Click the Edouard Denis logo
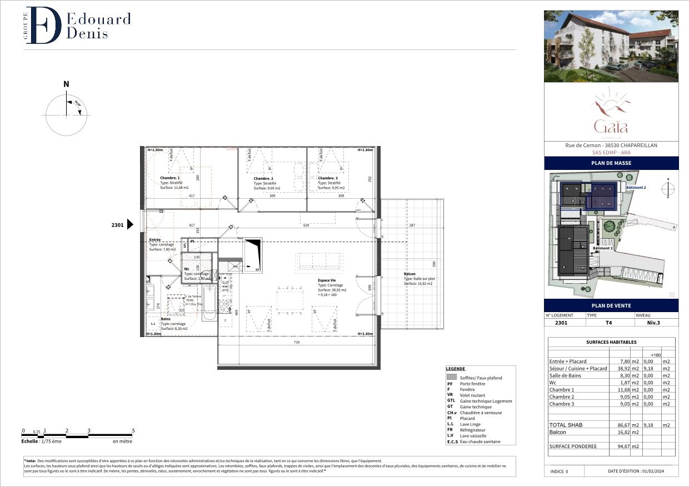[x=78, y=26]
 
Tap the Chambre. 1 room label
[x=170, y=178]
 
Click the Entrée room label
[x=155, y=239]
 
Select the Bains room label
[x=166, y=319]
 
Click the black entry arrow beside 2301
[x=131, y=224]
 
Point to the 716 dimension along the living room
[x=297, y=343]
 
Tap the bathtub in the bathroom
[x=209, y=303]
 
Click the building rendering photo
[x=611, y=46]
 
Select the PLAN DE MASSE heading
[x=611, y=163]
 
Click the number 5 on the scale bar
[x=133, y=430]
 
